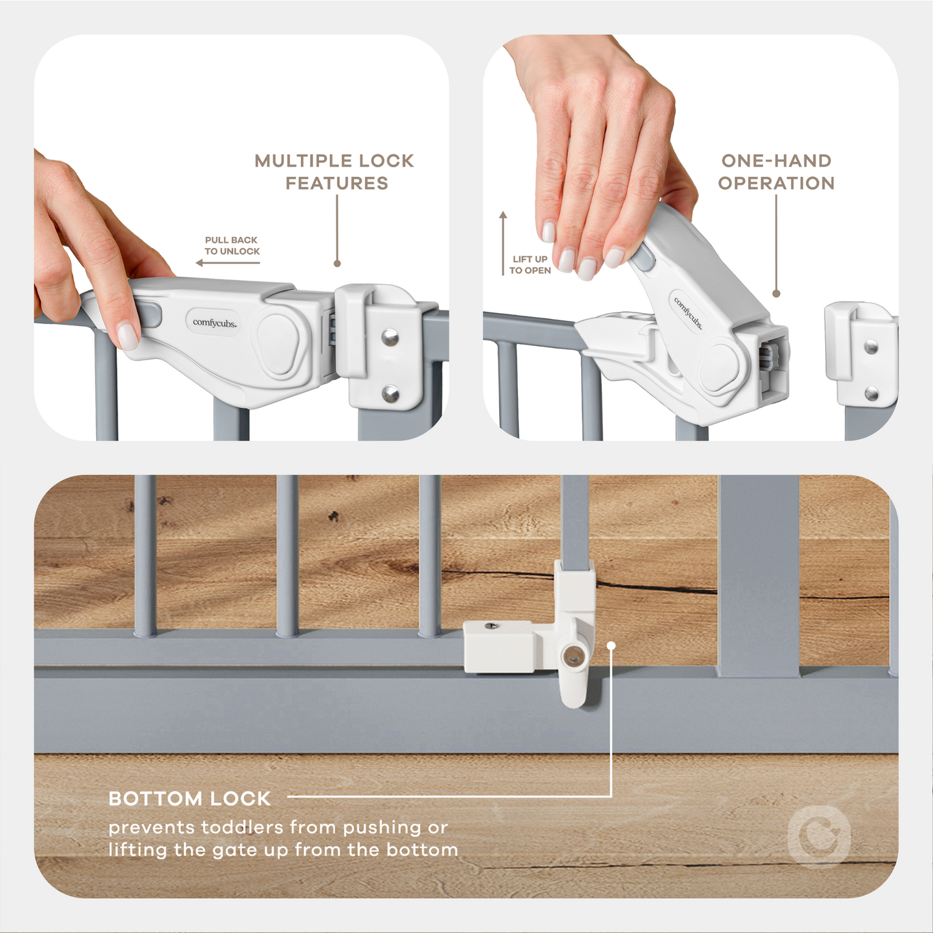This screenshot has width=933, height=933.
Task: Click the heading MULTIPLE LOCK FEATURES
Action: point(334,172)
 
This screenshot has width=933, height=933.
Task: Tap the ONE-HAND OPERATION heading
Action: point(776,172)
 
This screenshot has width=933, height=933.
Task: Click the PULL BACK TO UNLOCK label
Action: point(232,245)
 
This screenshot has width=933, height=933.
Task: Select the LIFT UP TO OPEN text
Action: point(529,265)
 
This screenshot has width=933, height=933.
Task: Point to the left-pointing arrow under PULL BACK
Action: point(227,263)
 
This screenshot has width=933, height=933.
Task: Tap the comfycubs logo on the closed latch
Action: point(214,322)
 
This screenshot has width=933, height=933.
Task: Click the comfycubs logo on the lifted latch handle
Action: point(688,313)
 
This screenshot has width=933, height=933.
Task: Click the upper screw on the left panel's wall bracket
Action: point(389,337)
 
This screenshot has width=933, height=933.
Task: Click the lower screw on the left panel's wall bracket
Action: point(390,393)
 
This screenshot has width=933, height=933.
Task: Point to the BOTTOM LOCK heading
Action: point(189,799)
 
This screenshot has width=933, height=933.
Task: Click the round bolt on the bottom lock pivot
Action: point(571,657)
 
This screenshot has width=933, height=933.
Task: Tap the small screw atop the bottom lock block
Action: point(493,625)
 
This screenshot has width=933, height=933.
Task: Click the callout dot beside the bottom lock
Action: point(611,645)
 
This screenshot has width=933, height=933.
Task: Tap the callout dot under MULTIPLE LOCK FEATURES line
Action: point(337,263)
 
